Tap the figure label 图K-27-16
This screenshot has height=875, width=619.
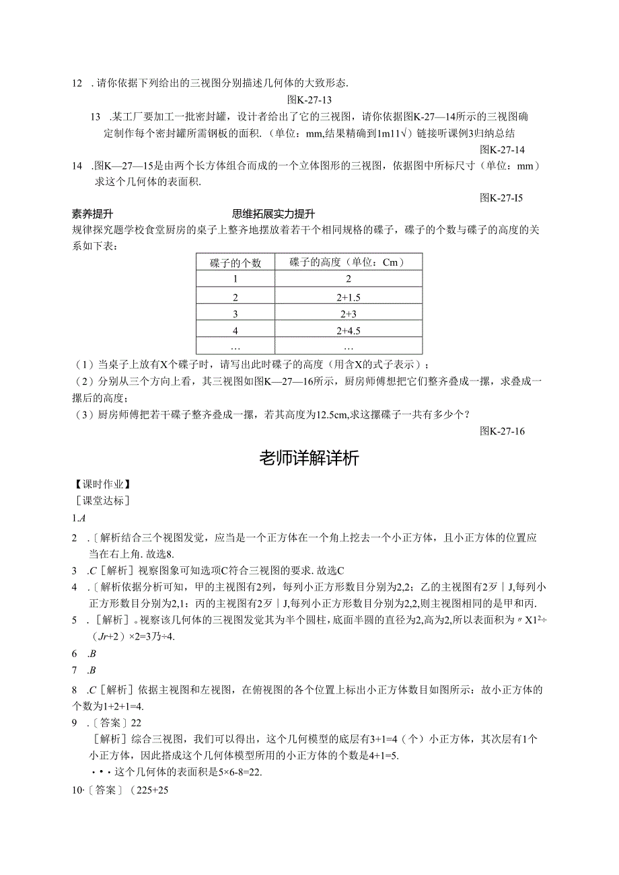click(x=502, y=431)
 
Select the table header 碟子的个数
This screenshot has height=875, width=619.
click(x=235, y=263)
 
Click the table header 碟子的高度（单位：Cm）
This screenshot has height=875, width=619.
click(x=347, y=262)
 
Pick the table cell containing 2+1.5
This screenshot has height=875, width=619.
click(x=347, y=297)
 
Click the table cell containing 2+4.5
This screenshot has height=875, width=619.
click(x=347, y=330)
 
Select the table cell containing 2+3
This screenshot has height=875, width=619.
click(x=347, y=313)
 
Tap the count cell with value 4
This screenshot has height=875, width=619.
click(x=235, y=330)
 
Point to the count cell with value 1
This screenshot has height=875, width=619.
click(x=235, y=280)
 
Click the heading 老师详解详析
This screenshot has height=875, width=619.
click(x=309, y=459)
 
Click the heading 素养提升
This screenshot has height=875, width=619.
click(x=92, y=214)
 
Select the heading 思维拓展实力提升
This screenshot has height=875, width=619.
click(x=273, y=214)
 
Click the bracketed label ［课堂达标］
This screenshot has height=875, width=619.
click(x=103, y=501)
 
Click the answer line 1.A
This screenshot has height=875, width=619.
click(x=79, y=518)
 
